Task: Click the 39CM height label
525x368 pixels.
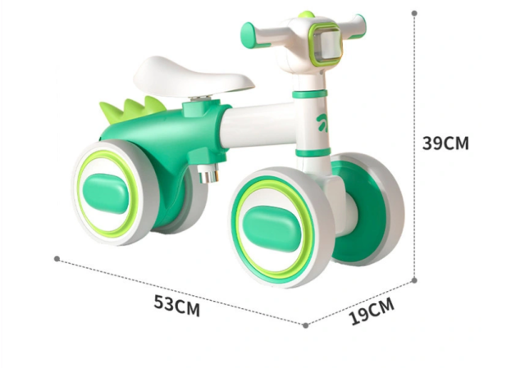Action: click(x=445, y=143)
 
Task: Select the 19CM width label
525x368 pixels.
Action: click(x=372, y=311)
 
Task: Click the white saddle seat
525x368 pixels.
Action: click(x=194, y=78)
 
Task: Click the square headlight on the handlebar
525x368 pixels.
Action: click(x=326, y=44)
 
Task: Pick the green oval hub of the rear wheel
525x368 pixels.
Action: click(x=106, y=193)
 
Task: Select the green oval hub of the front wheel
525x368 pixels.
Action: click(x=271, y=229)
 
